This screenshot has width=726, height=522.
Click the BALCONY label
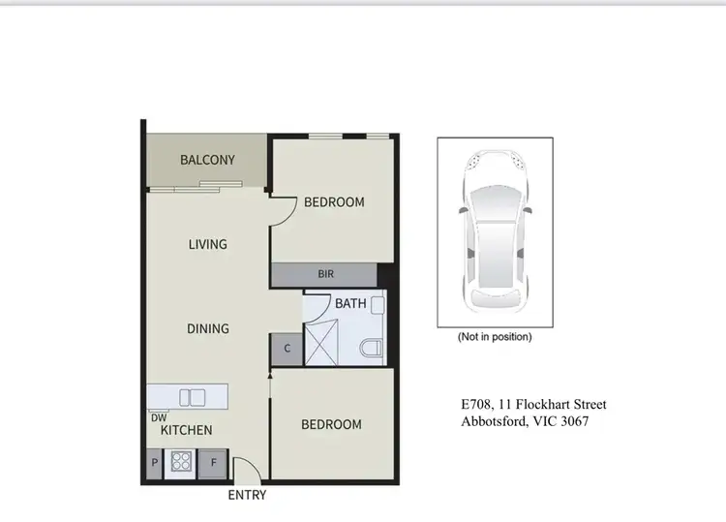click(x=207, y=160)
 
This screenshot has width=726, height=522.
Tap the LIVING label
click(x=207, y=244)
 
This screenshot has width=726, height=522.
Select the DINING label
click(x=207, y=328)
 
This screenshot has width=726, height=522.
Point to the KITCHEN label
click(x=186, y=430)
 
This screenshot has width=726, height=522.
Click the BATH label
click(x=350, y=304)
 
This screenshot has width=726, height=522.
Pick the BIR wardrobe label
click(x=325, y=275)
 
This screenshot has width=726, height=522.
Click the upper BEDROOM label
click(x=334, y=202)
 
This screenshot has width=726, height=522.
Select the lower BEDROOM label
click(x=331, y=424)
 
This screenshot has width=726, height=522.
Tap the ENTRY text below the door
click(x=247, y=496)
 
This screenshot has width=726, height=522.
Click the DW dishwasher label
click(x=159, y=416)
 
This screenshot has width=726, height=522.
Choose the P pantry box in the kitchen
click(x=155, y=464)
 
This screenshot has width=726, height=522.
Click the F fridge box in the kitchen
click(x=214, y=464)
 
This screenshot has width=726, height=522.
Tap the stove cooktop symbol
click(x=181, y=462)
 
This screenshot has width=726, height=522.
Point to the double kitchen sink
click(x=192, y=396)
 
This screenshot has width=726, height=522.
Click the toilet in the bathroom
click(x=372, y=348)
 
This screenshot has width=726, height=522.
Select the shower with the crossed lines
click(x=324, y=345)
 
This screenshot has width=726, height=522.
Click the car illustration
click(x=495, y=231)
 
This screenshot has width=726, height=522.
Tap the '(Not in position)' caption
click(x=495, y=338)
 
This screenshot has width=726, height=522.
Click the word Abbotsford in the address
click(x=494, y=421)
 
